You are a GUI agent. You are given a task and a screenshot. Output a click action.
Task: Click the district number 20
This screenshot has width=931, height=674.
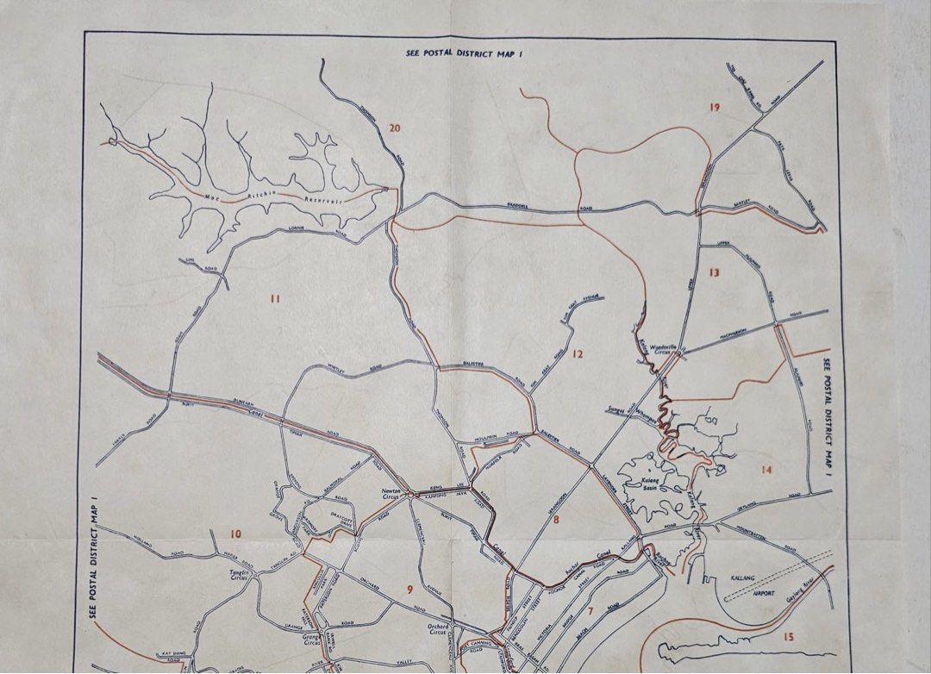click(395, 129)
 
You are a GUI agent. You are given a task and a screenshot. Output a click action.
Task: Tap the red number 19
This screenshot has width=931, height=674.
click(714, 107)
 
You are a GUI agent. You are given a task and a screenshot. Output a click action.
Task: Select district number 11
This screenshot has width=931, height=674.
click(275, 299)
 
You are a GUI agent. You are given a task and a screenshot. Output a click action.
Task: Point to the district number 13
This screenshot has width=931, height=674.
click(713, 272)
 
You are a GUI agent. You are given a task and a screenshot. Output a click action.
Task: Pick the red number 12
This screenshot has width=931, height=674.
click(578, 353)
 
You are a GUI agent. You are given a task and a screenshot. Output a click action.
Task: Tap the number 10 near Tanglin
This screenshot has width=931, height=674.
click(235, 534)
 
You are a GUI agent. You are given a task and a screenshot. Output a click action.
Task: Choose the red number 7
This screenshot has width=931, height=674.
click(590, 612)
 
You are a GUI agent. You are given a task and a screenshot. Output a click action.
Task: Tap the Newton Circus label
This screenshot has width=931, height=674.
click(393, 494)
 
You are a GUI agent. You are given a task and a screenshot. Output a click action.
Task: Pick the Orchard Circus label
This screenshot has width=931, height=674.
click(441, 630)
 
